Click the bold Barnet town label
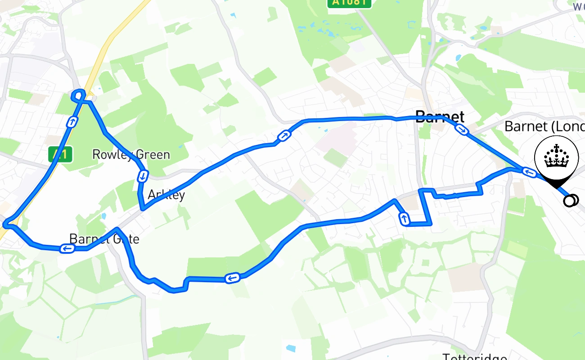click(440, 117)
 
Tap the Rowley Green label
click(131, 155)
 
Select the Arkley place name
click(166, 195)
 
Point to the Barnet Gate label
click(104, 238)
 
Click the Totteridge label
click(475, 357)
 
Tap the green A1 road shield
click(60, 155)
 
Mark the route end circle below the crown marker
click(570, 200)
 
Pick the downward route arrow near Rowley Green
click(142, 176)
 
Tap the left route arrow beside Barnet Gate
click(67, 248)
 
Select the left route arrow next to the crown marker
click(529, 172)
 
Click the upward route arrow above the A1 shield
click(72, 121)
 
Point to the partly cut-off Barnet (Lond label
click(544, 126)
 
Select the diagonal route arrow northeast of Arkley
click(284, 135)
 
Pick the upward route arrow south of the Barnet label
click(404, 219)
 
